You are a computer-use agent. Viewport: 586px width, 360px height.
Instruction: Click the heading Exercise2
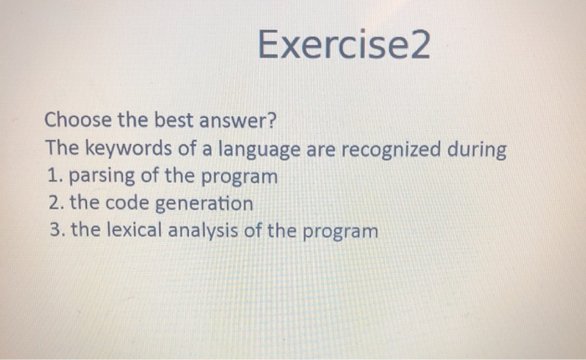click(343, 45)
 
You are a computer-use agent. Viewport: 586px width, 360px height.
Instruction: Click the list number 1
click(52, 177)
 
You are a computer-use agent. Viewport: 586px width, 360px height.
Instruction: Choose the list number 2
click(53, 203)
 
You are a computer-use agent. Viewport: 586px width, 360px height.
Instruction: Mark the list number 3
click(53, 230)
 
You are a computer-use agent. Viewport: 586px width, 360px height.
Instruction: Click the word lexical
click(131, 230)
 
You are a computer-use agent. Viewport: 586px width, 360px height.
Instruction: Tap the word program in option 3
click(337, 231)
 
